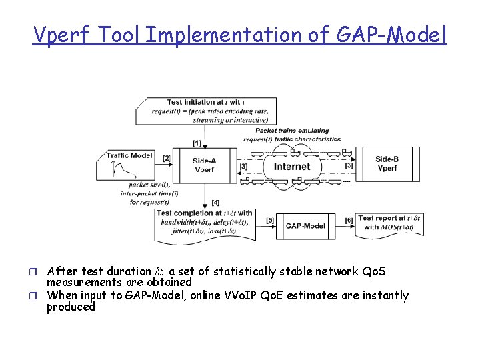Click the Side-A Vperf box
(x=204, y=165)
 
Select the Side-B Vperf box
(x=387, y=164)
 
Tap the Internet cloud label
(x=292, y=167)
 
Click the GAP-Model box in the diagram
(x=305, y=226)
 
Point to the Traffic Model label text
(x=129, y=155)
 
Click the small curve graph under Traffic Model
(x=121, y=171)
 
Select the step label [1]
(x=197, y=143)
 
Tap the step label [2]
(x=167, y=158)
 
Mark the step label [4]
(x=215, y=202)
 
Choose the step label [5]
(x=270, y=221)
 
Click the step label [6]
(x=349, y=221)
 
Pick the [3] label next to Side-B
(x=349, y=165)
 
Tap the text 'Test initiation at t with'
(x=205, y=102)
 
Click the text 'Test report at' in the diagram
(x=382, y=218)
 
